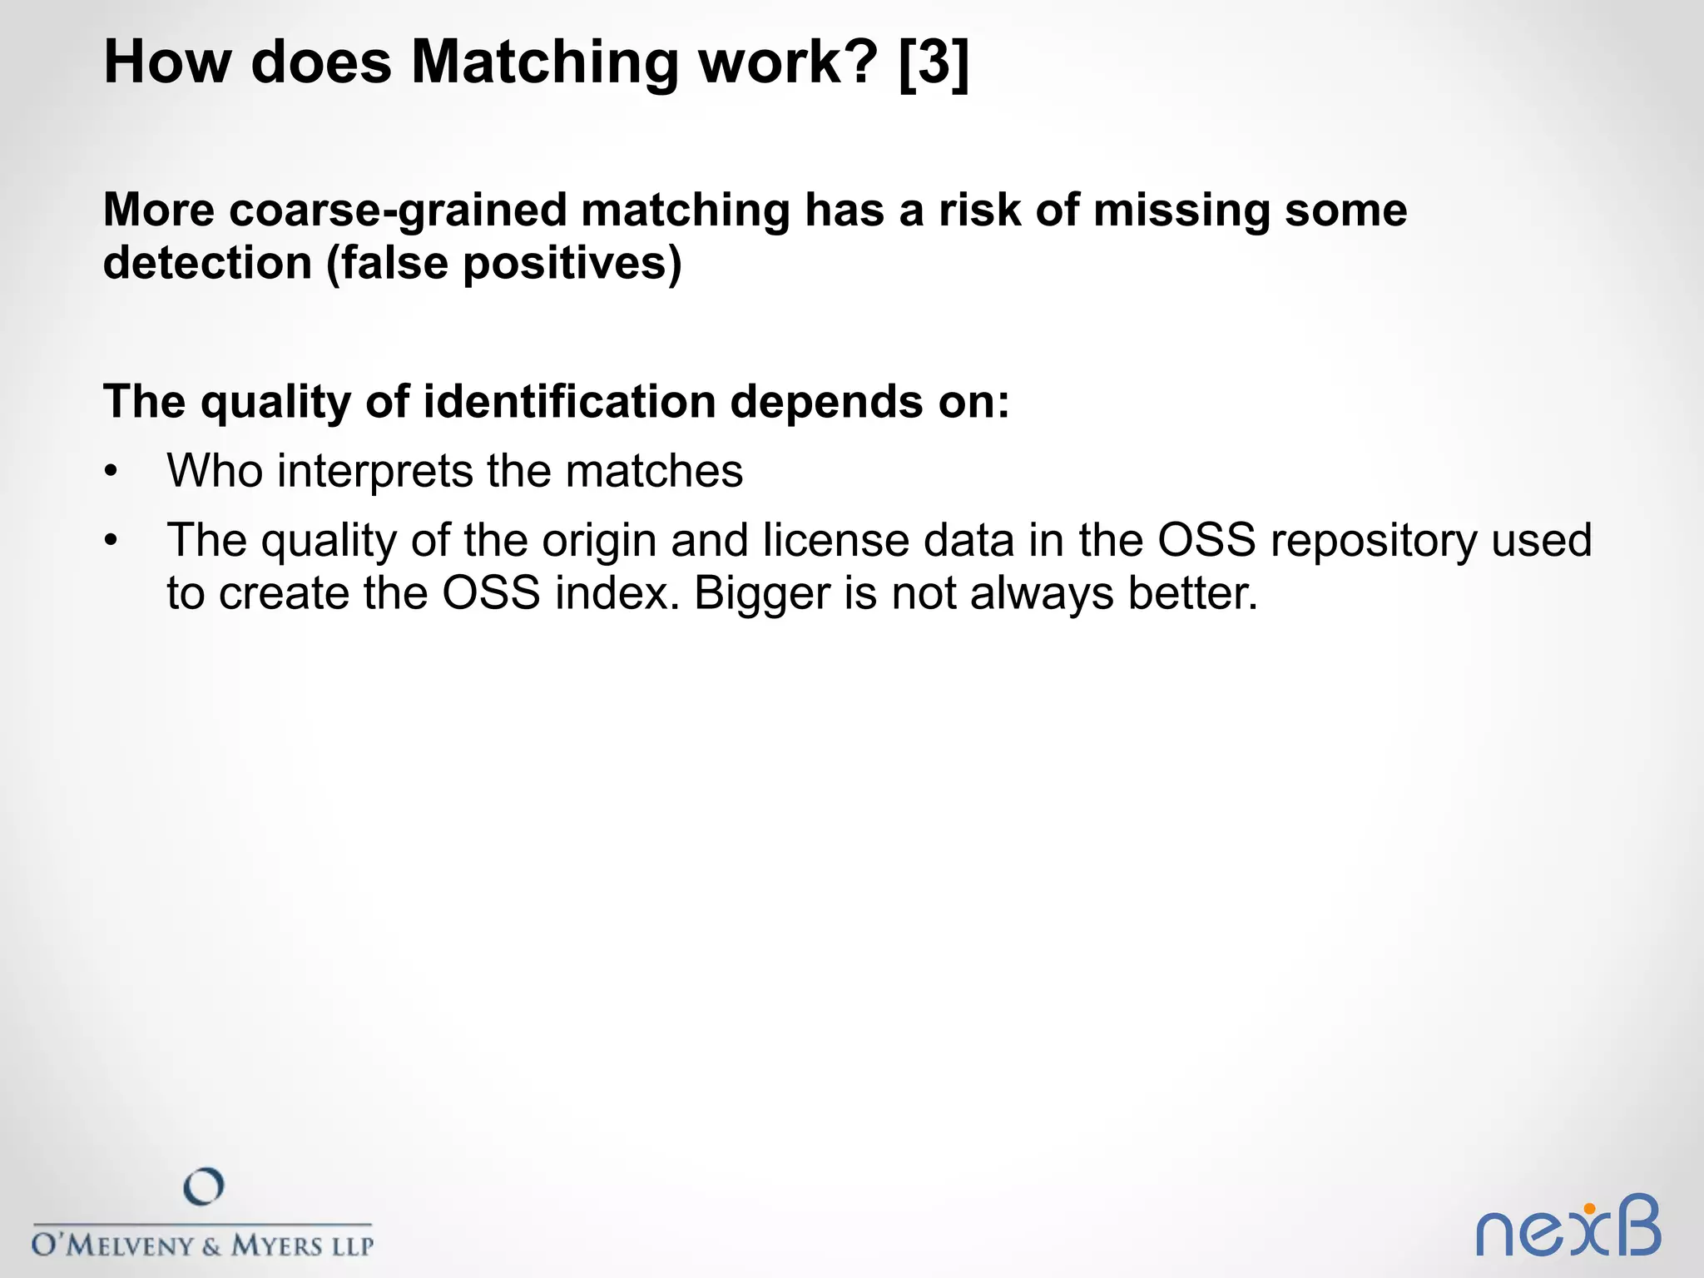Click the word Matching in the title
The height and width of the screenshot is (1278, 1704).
[x=544, y=63]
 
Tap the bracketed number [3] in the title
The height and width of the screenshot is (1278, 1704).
[x=934, y=63]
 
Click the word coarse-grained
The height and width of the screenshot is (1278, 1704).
[x=398, y=211]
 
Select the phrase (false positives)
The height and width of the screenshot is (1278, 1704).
[x=504, y=265]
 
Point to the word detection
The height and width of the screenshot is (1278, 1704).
[x=207, y=263]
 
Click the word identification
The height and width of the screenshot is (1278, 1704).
[x=569, y=402]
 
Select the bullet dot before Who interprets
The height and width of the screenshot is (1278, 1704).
[x=111, y=473]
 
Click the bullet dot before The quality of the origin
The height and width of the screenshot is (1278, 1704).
[x=111, y=542]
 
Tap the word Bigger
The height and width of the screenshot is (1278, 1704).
[x=761, y=594]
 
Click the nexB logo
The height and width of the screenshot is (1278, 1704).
[x=1568, y=1228]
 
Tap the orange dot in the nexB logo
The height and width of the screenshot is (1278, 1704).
[x=1589, y=1209]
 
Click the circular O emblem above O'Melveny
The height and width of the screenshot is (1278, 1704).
[x=203, y=1187]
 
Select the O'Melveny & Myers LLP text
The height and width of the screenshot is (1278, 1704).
[x=202, y=1246]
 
